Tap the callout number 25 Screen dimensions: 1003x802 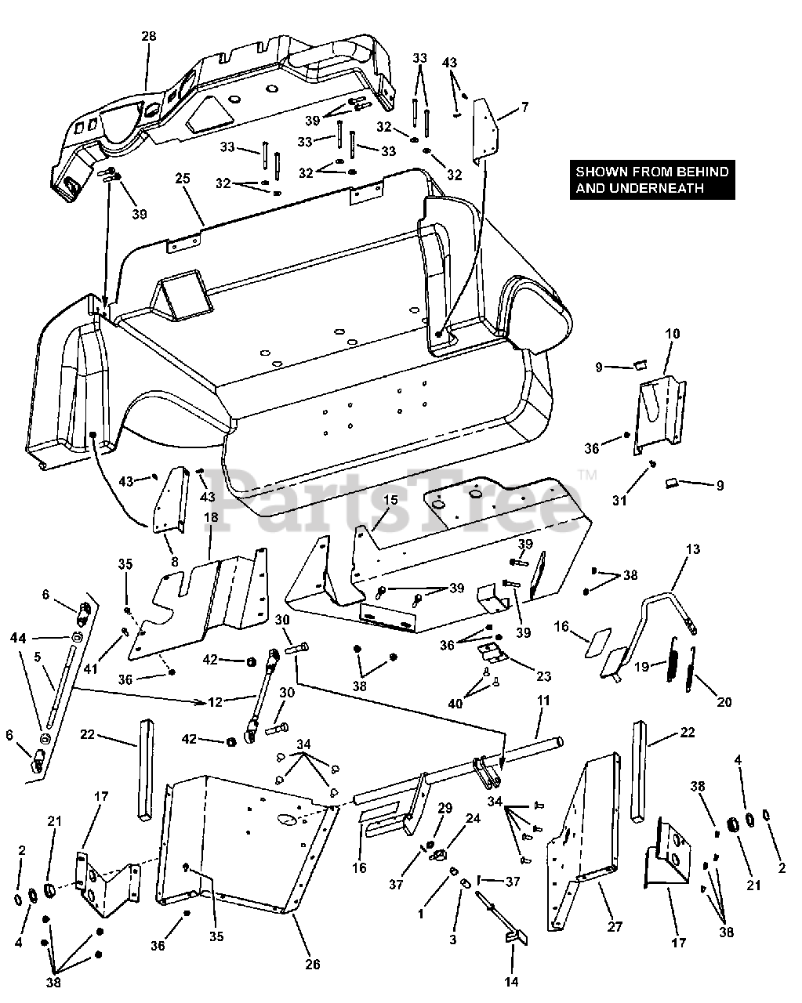tap(183, 179)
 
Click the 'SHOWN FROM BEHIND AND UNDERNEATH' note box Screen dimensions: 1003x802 tap(652, 179)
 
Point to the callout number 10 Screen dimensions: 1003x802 tap(673, 335)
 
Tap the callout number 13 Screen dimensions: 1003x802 tap(692, 549)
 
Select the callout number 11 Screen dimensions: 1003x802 tap(543, 700)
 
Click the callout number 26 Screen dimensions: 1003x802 tap(312, 965)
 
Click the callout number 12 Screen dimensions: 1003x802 tap(216, 702)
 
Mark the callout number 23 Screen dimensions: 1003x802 tap(543, 676)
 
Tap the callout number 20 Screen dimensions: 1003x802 tap(724, 702)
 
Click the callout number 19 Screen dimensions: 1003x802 tap(642, 667)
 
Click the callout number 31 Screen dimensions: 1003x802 tap(619, 499)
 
